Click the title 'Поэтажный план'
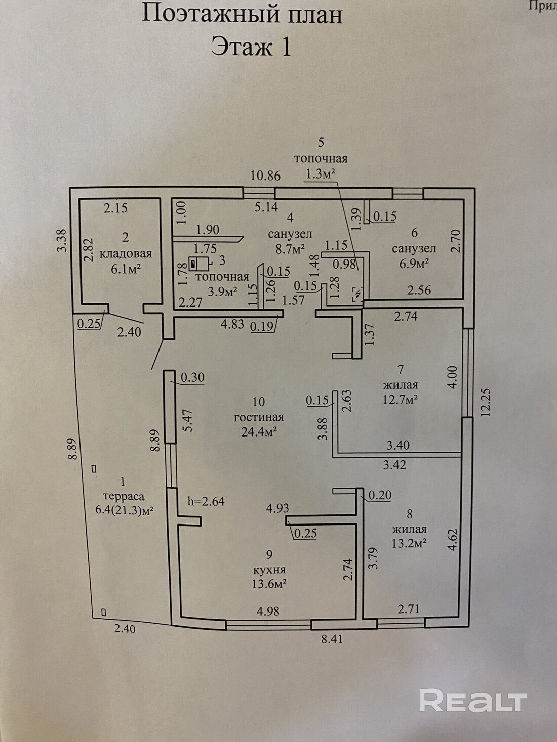[x=242, y=14]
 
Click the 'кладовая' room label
[x=126, y=254]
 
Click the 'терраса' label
[x=123, y=496]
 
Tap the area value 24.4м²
[x=258, y=432]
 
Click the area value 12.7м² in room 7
[x=400, y=400]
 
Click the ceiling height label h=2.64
[x=206, y=501]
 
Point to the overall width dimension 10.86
[x=266, y=176]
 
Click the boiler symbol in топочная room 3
[x=199, y=264]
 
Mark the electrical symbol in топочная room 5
[x=357, y=293]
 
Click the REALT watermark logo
[x=473, y=701]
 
